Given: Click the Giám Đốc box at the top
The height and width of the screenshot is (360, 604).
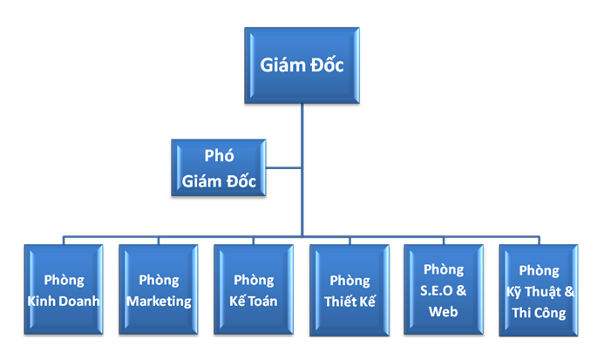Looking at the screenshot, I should pos(301,65).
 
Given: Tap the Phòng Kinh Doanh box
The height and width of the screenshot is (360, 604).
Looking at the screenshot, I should pos(64,290).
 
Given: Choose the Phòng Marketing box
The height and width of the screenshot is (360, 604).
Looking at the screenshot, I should pos(158,290).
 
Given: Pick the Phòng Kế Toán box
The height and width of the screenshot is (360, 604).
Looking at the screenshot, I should pos(254,290).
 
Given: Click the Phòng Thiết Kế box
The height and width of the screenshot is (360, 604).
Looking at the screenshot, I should pos(349,290).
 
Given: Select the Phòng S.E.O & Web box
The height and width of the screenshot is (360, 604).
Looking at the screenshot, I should pos(444,290).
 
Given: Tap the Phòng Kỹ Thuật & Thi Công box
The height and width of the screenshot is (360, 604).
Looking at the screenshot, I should pos(538,290).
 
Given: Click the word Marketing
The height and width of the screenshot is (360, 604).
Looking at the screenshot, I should pos(159,302).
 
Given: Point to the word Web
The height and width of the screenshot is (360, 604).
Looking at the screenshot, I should pos(444,310).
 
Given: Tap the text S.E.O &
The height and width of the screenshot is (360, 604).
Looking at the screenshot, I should pos(444,290).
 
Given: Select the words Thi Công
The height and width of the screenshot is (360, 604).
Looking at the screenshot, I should pos(539,312).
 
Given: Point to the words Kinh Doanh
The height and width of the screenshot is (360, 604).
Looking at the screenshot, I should pos(64,302).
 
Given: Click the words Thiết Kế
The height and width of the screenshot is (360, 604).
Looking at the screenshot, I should pos(349,302).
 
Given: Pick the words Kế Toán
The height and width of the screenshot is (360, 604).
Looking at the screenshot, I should pos(254,302).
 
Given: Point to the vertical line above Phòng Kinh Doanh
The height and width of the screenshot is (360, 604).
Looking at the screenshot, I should pos(64,240).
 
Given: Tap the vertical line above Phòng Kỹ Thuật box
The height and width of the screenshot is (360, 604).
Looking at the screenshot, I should pos(538,240).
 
